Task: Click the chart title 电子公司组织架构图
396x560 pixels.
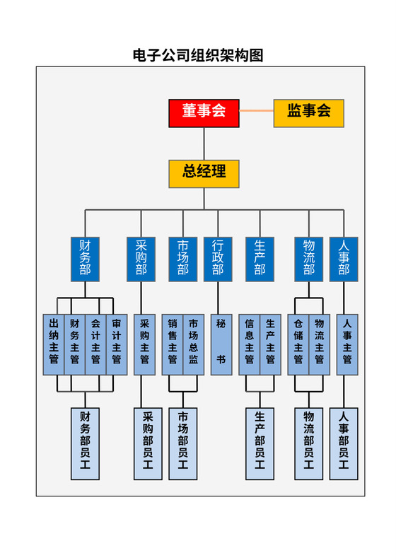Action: tap(198, 55)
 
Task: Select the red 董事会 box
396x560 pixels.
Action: tap(204, 113)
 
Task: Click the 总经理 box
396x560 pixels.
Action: tap(204, 173)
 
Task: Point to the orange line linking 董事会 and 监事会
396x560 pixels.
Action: tap(257, 111)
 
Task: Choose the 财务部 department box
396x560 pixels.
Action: tap(86, 258)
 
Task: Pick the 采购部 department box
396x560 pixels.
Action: tap(141, 258)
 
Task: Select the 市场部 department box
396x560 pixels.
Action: tap(183, 258)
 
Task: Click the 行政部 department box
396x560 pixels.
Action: tap(218, 258)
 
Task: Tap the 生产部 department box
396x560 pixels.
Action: tap(260, 258)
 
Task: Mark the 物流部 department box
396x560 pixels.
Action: tap(309, 258)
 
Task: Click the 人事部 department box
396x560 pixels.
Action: tap(344, 258)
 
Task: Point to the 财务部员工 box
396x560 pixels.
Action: tap(86, 443)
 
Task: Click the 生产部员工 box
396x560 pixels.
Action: tap(260, 443)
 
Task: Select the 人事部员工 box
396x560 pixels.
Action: tap(344, 443)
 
